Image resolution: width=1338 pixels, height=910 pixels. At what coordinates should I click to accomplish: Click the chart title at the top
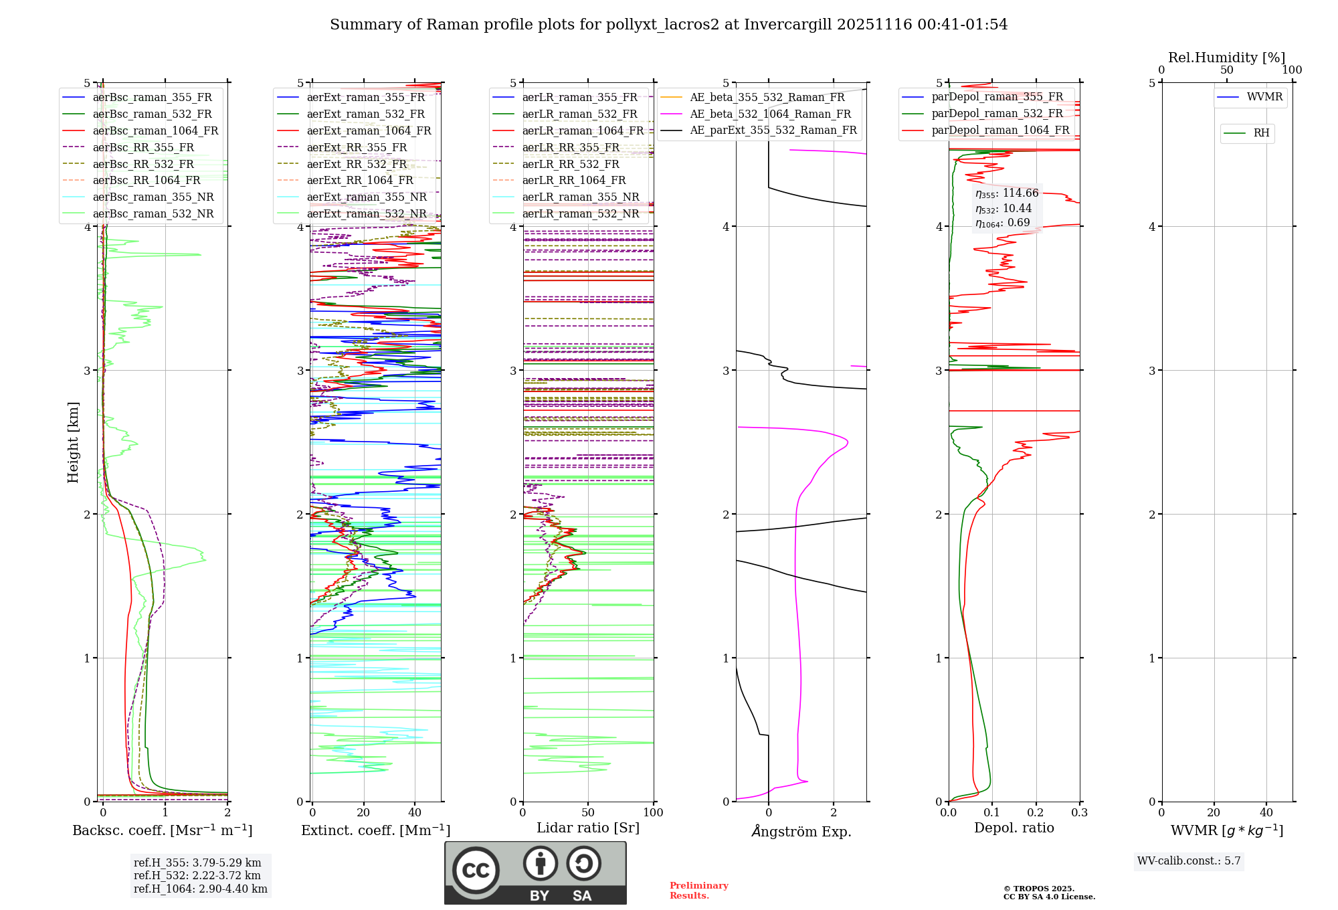[668, 25]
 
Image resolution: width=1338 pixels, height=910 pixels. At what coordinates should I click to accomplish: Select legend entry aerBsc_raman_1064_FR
[155, 131]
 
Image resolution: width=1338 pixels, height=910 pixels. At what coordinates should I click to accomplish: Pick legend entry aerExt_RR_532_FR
[357, 164]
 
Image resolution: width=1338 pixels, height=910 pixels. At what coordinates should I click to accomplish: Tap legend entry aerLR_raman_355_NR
[580, 197]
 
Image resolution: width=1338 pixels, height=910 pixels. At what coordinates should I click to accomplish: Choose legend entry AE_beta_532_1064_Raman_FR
[770, 114]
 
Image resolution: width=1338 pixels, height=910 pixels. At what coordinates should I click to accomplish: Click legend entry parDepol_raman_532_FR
[997, 114]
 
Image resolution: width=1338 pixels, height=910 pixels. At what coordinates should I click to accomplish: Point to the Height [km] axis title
[73, 442]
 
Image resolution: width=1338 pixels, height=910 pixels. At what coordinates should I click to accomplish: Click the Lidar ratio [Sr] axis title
[588, 828]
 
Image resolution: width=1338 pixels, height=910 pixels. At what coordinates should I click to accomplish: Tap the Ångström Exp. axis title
[801, 832]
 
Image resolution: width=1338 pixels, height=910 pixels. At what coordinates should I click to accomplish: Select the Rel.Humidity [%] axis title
[1226, 58]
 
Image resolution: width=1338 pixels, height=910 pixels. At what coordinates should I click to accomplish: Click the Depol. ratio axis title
[1014, 828]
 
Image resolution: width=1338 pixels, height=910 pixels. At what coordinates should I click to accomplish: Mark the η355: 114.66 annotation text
[1007, 193]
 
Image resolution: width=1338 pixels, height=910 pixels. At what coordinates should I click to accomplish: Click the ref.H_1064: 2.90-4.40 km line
[200, 889]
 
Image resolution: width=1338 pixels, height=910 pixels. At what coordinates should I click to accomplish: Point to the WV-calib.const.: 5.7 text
[1189, 861]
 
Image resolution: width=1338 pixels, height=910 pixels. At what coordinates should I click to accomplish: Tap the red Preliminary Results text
[698, 891]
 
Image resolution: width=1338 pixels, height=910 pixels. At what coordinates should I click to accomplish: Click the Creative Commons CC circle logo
[476, 870]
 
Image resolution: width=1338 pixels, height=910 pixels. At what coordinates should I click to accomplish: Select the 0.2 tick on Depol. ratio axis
[1036, 813]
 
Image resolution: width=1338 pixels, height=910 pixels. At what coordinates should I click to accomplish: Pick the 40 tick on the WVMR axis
[1266, 813]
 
